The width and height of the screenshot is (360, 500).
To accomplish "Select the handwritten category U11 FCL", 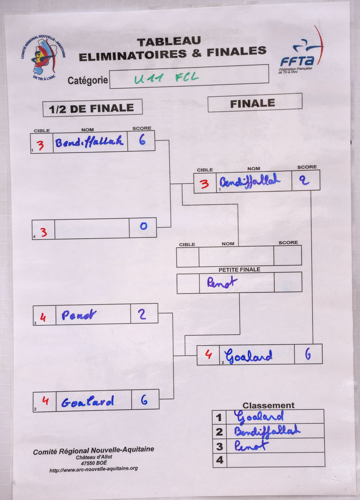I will click(x=167, y=78).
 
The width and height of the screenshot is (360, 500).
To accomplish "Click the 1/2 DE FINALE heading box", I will click(x=92, y=108).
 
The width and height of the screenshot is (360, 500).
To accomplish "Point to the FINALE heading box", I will click(x=255, y=102).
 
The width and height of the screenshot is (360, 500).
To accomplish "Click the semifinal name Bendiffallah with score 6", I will click(x=90, y=142).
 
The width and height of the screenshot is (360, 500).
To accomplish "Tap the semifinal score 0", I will click(x=143, y=227).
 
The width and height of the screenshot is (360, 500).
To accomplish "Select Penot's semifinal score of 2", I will click(x=142, y=314).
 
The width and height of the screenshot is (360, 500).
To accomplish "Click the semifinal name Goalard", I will click(x=87, y=402).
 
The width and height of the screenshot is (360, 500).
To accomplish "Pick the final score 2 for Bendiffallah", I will click(x=305, y=181).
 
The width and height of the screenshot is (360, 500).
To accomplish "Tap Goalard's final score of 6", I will click(x=308, y=354).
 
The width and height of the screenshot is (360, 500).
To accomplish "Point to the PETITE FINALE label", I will click(x=239, y=270).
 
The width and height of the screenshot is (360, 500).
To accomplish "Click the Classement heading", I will click(x=268, y=405).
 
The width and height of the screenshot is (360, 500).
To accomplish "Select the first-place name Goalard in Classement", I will click(x=259, y=417).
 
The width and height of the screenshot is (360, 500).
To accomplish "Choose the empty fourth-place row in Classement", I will click(x=275, y=460).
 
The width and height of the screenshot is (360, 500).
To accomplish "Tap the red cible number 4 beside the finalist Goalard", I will click(x=208, y=355).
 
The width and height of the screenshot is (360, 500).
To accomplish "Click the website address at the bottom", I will click(x=93, y=469).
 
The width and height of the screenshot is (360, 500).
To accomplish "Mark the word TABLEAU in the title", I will click(x=169, y=42).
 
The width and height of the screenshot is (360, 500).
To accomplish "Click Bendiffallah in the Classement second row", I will click(x=267, y=431).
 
